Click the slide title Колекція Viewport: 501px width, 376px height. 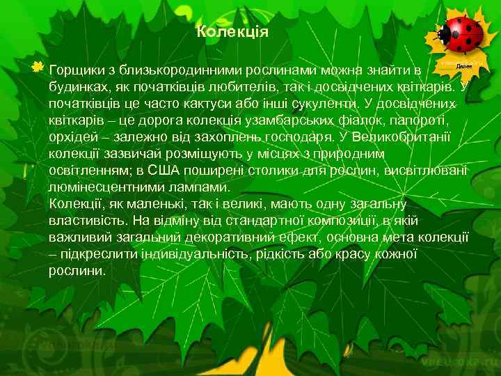click(x=232, y=32)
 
